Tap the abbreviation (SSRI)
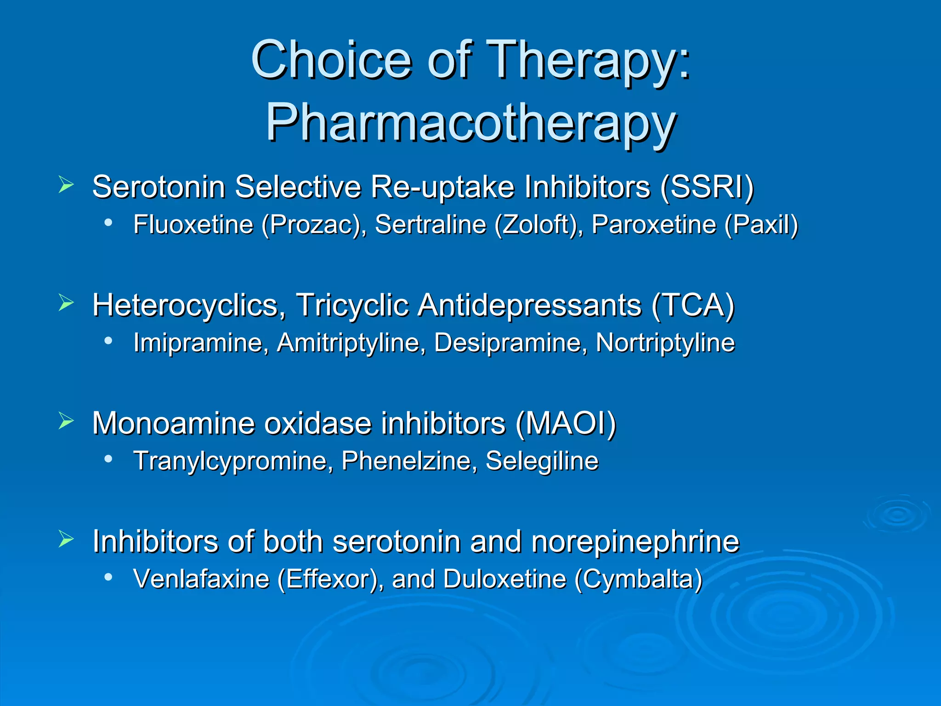pyautogui.click(x=707, y=187)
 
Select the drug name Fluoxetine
pyautogui.click(x=193, y=225)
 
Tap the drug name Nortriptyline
pyautogui.click(x=665, y=343)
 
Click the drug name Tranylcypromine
pyautogui.click(x=232, y=461)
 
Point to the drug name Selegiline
pyautogui.click(x=542, y=461)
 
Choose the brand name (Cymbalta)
pyautogui.click(x=639, y=579)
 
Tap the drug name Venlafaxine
pyautogui.click(x=201, y=579)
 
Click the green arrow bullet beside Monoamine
pyautogui.click(x=66, y=421)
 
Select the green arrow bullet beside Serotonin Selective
pyautogui.click(x=66, y=185)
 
